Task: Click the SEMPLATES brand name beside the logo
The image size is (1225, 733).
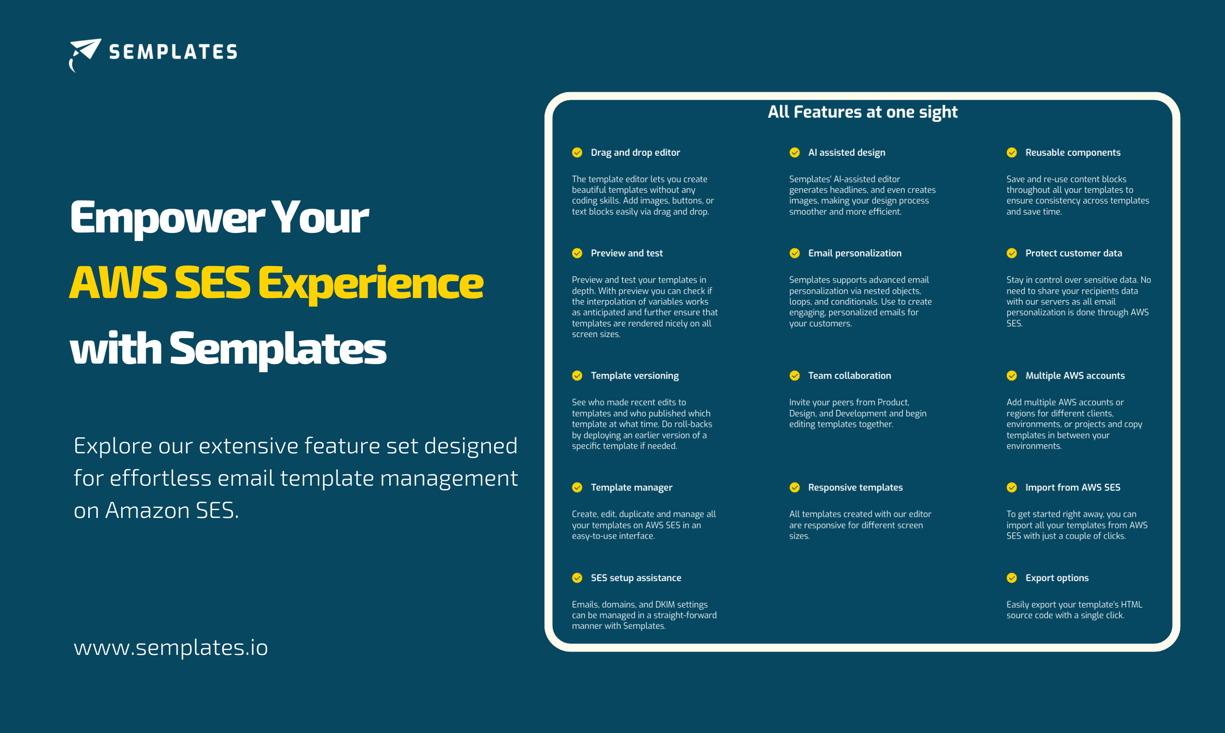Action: [173, 52]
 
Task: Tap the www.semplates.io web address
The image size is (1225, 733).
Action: [171, 647]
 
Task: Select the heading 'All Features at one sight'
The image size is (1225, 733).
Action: [862, 112]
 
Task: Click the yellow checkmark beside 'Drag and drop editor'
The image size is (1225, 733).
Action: [577, 152]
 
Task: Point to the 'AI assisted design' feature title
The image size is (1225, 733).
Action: [846, 152]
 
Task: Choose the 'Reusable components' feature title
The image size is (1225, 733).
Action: [1073, 152]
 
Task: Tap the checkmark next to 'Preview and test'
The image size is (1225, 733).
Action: [577, 253]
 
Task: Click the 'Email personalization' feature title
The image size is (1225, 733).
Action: [855, 253]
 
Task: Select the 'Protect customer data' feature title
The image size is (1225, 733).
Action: [1074, 253]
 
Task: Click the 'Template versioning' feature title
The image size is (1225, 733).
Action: [635, 376]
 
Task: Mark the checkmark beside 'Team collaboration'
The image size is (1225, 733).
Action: [794, 375]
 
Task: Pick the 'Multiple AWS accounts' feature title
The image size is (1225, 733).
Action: [1075, 376]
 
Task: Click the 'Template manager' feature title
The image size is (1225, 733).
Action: [631, 488]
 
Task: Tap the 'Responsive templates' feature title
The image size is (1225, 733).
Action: [855, 488]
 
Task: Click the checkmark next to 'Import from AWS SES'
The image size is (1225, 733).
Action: [1012, 487]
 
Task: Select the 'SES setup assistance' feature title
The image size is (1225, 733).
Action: [636, 578]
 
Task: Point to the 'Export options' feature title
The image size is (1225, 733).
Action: [1057, 578]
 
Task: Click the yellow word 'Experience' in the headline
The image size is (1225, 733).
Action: [370, 284]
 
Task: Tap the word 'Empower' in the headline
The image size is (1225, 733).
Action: [167, 218]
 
